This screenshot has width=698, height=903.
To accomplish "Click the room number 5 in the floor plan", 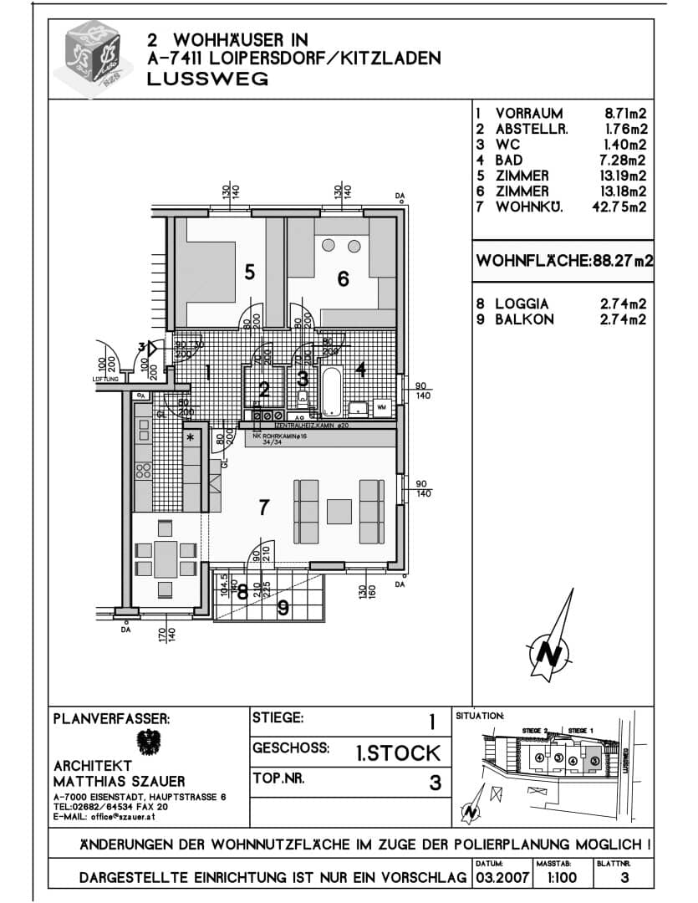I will coord(249,272).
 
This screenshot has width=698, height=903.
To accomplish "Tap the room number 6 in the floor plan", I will coord(343,279).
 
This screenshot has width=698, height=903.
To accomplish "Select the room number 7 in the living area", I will coord(263,507).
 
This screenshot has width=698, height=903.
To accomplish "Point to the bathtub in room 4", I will coord(332,390).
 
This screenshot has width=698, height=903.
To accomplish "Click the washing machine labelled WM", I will coord(382,407).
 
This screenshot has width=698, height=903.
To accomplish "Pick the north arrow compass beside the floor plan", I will coord(553,640).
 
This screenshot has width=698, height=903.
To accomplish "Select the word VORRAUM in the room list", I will coord(528,113).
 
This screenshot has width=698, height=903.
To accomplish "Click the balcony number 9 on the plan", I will coord(283,608).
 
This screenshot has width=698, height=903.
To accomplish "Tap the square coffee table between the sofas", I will coord(339,510).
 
